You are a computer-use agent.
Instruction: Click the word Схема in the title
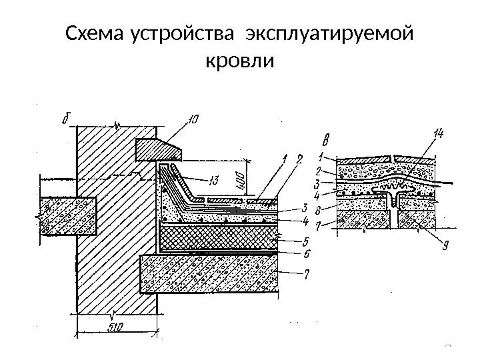pyautogui.click(x=97, y=33)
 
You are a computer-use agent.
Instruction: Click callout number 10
pyautogui.click(x=192, y=120)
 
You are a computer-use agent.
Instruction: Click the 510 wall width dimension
pyautogui.click(x=117, y=326)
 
